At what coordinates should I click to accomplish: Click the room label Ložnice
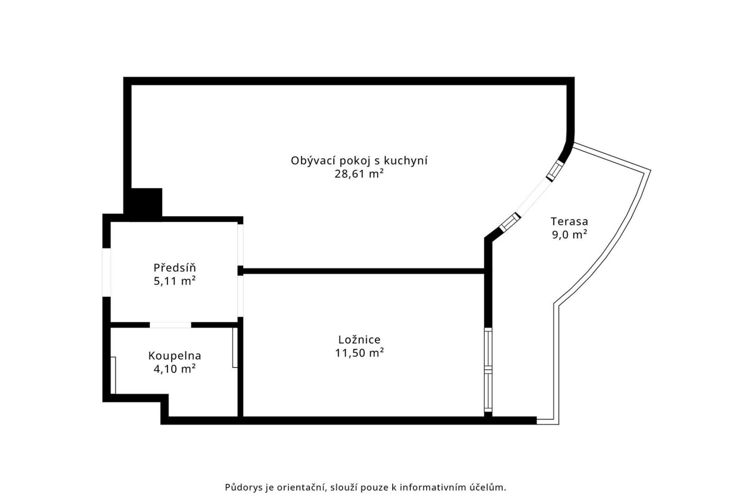point(359,340)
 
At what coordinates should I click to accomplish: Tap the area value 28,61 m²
point(359,174)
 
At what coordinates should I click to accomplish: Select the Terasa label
point(569,221)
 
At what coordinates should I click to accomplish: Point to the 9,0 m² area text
point(570,235)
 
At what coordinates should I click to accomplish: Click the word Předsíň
point(175,268)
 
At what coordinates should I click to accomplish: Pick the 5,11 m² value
point(175,281)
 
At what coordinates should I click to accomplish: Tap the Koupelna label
point(175,356)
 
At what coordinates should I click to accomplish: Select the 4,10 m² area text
point(175,369)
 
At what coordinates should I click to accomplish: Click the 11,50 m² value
point(359,353)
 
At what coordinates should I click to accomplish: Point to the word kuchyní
point(406,161)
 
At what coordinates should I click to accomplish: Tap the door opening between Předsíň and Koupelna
point(170,325)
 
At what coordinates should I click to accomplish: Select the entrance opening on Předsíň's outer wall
point(106,272)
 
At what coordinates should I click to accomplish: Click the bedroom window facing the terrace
point(488,369)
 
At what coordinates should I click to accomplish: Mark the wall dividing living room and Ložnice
point(363,271)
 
